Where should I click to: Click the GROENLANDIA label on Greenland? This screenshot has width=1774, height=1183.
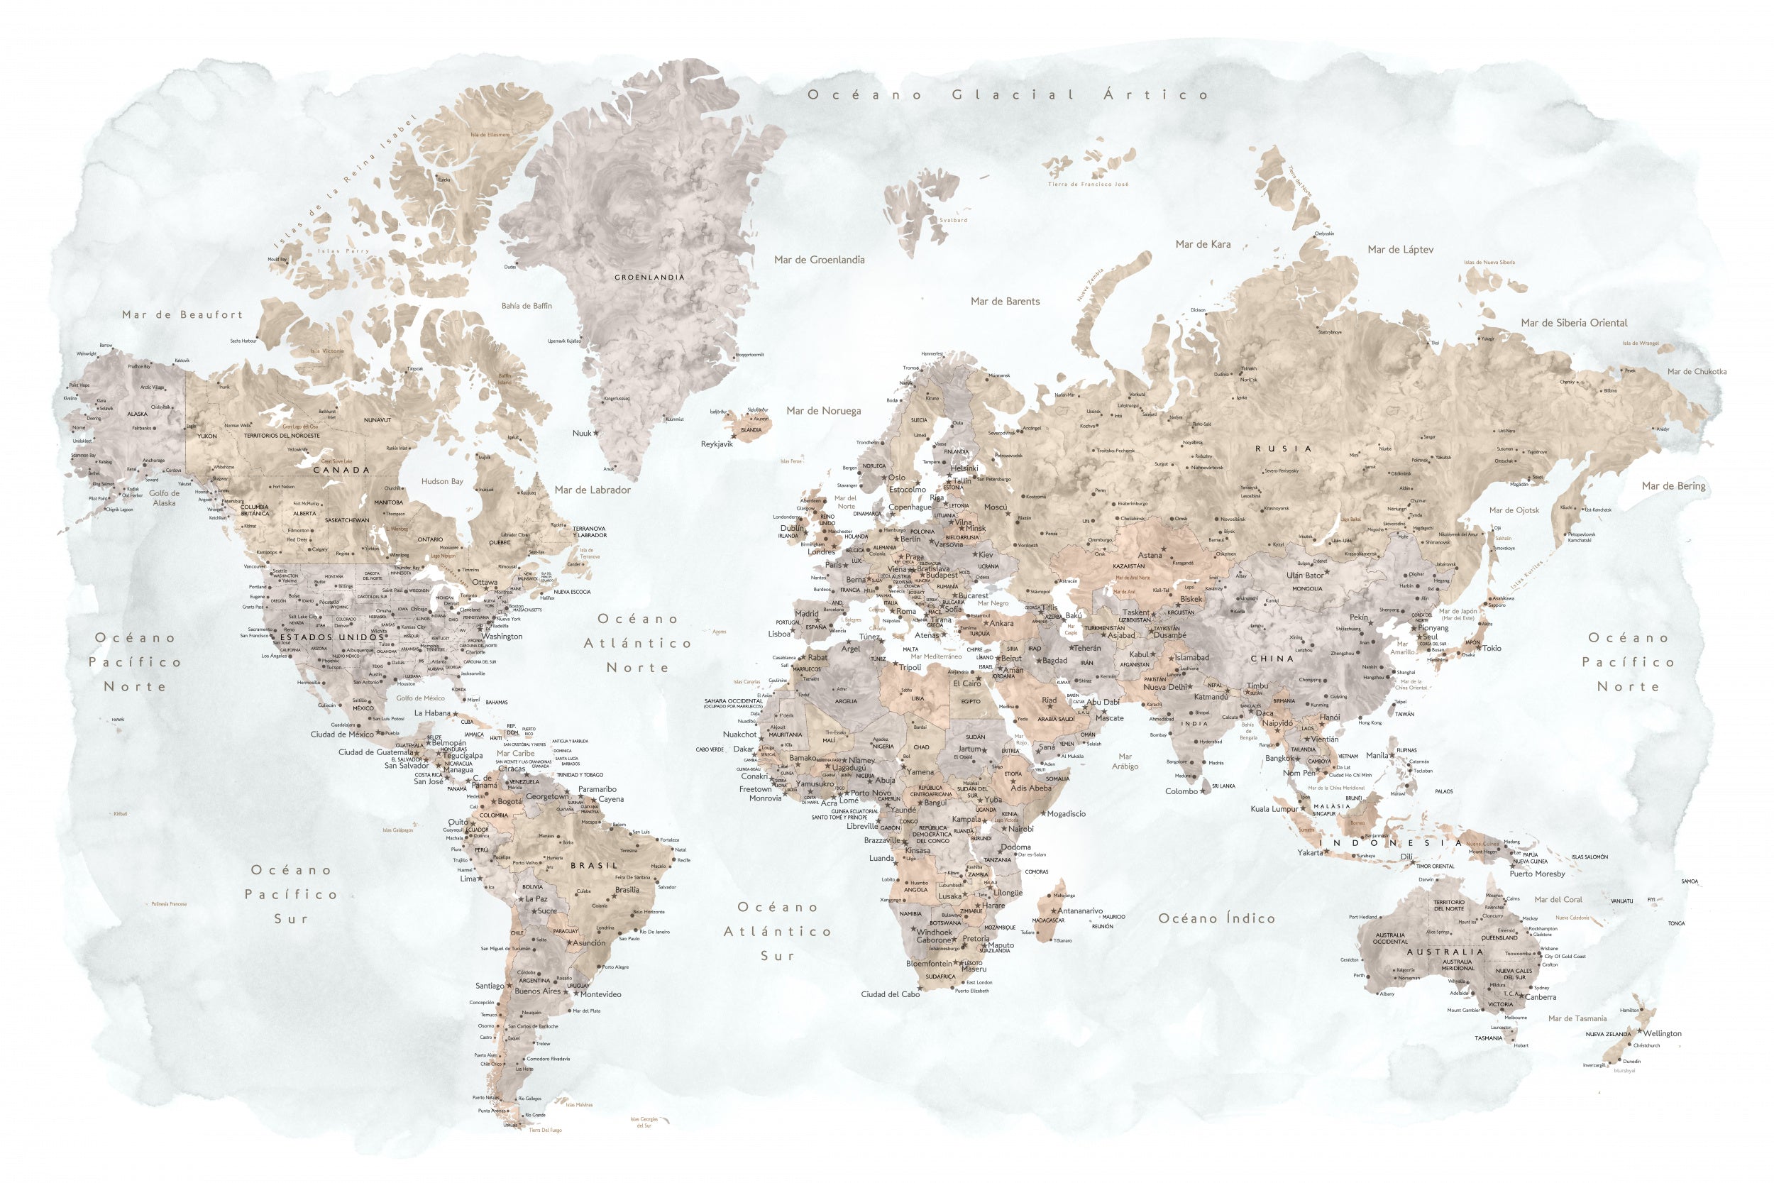pos(649,277)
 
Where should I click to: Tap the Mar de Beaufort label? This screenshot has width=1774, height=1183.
pos(182,314)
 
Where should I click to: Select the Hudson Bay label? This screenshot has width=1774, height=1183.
pos(442,481)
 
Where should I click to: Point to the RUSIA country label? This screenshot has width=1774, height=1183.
pos(1283,449)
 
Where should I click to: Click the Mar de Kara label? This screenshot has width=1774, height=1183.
pos(1203,244)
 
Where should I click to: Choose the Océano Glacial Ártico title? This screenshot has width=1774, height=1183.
pos(1008,95)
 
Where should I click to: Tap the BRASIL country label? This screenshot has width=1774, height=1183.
pos(595,865)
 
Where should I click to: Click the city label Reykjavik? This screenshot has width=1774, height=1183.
pos(717,444)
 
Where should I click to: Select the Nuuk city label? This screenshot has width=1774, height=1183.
pos(582,434)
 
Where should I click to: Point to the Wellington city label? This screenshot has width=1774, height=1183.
pos(1663,1033)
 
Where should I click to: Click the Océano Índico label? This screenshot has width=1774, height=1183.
pos(1216,919)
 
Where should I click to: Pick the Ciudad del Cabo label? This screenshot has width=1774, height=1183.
pos(890,994)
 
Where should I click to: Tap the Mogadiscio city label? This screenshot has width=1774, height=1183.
pos(1066,814)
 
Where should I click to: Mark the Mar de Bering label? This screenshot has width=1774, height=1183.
pos(1674,486)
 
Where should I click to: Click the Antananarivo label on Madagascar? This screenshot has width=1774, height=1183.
pos(1079,910)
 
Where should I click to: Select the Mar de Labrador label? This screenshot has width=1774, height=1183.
pos(592,490)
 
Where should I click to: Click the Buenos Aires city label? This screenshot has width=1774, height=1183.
pos(537,991)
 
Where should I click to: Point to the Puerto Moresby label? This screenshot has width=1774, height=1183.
pos(1537,874)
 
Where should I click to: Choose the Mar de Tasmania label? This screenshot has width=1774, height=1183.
pos(1577,1018)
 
